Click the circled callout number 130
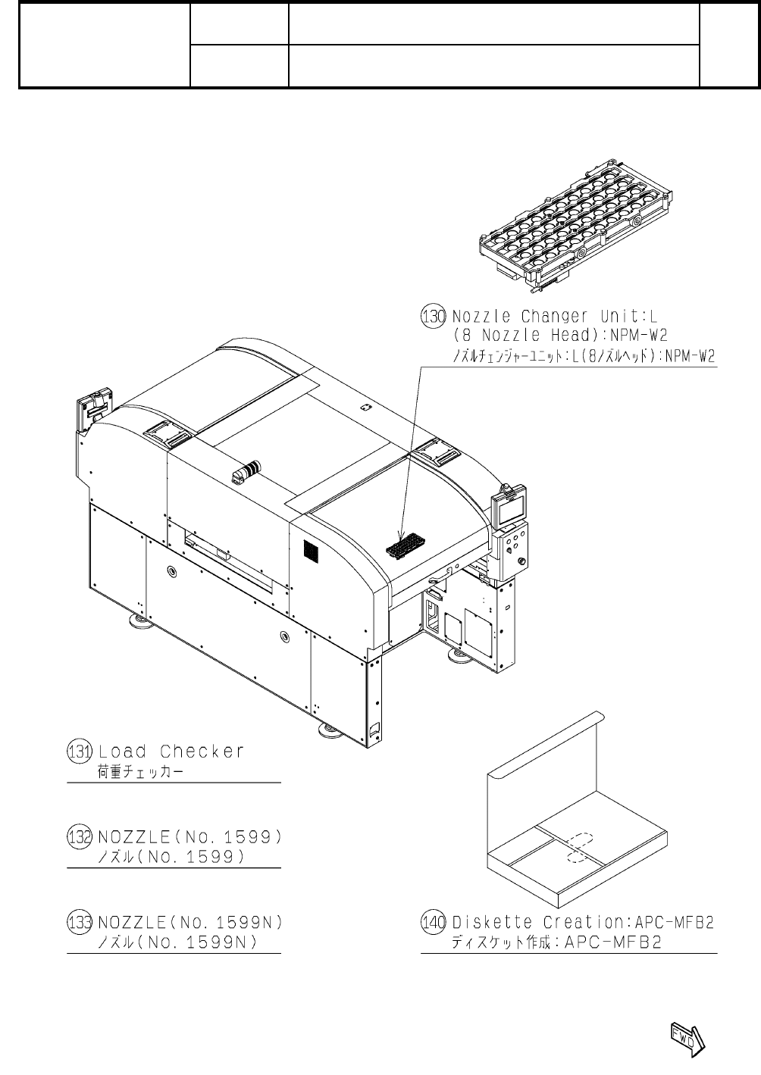click(x=433, y=316)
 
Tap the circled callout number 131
click(x=79, y=752)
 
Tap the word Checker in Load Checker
click(x=202, y=752)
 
